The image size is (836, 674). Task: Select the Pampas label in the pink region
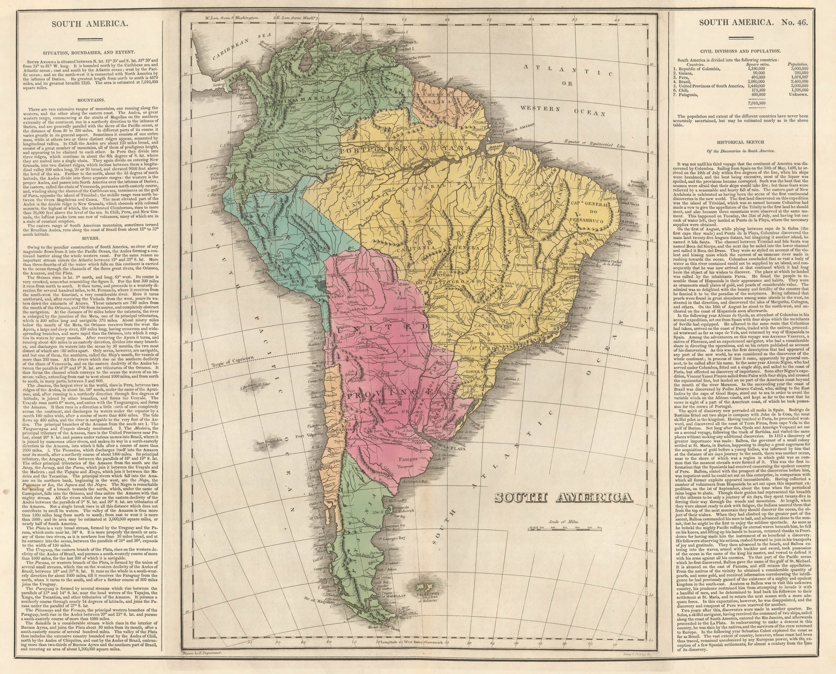click(x=408, y=459)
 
